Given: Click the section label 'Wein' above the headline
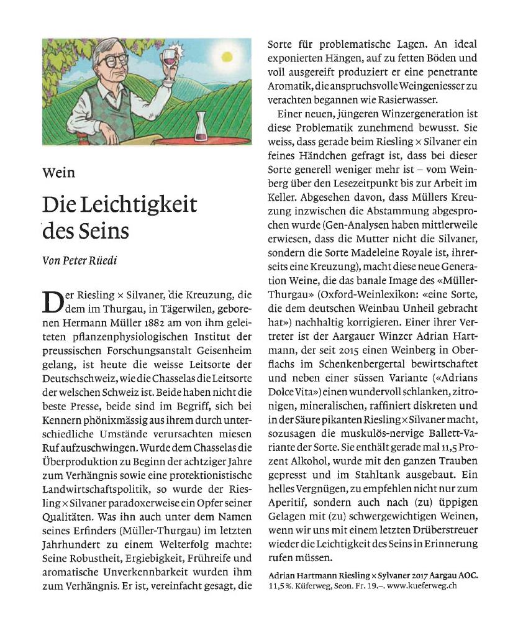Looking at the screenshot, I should (58, 172).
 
